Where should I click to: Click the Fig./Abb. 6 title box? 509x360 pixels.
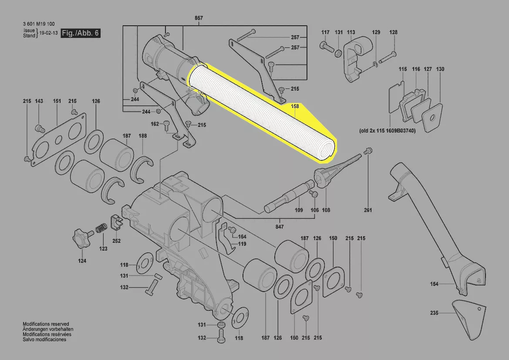pyautogui.click(x=81, y=33)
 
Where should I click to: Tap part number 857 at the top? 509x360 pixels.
pyautogui.click(x=199, y=18)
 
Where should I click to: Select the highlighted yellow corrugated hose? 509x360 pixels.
pyautogui.click(x=262, y=112)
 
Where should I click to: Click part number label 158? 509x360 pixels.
pyautogui.click(x=295, y=106)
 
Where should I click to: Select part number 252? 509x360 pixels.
pyautogui.click(x=117, y=241)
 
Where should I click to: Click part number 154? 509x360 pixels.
pyautogui.click(x=435, y=284)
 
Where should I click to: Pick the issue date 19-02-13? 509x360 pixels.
pyautogui.click(x=49, y=33)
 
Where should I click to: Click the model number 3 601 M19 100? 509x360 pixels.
pyautogui.click(x=39, y=24)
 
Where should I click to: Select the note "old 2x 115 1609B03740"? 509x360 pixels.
pyautogui.click(x=387, y=131)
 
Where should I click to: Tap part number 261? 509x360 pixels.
pyautogui.click(x=368, y=210)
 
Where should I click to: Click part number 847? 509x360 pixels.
pyautogui.click(x=280, y=227)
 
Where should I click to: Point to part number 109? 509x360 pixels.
pyautogui.click(x=299, y=210)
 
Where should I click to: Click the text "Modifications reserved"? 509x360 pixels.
pyautogui.click(x=46, y=324)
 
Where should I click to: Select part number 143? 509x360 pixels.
pyautogui.click(x=39, y=101)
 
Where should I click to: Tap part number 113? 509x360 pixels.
pyautogui.click(x=351, y=32)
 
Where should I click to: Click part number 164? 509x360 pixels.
pyautogui.click(x=242, y=237)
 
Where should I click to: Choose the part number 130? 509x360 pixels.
pyautogui.click(x=440, y=69)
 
